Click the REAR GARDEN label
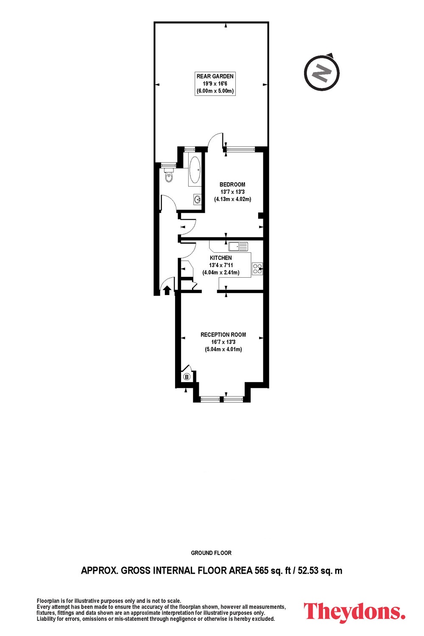(215, 76)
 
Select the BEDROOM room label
(232, 184)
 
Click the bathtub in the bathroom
(195, 170)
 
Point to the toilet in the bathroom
(169, 176)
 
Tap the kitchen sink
(238, 246)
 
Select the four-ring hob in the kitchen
(257, 269)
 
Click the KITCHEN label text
(220, 258)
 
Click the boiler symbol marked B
(187, 377)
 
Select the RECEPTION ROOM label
(223, 335)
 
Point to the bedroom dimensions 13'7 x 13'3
(232, 192)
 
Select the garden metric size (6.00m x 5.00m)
(215, 91)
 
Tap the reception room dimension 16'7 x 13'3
(223, 342)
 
